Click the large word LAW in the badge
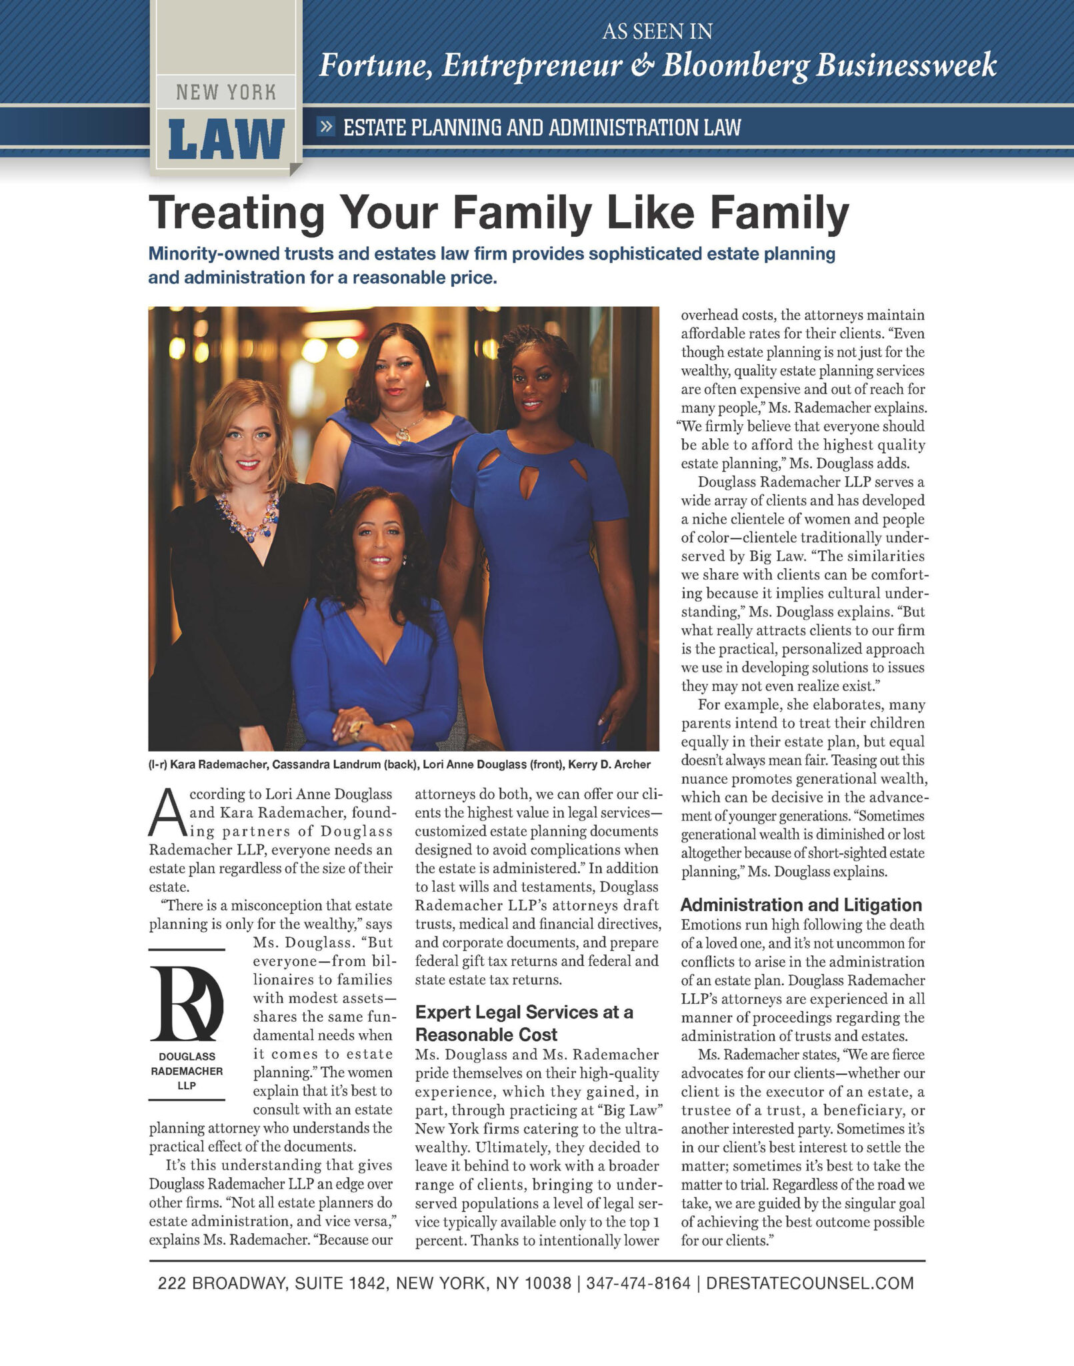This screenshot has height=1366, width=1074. (x=226, y=139)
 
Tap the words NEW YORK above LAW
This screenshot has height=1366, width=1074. (x=226, y=92)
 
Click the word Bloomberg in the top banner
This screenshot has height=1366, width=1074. (x=735, y=65)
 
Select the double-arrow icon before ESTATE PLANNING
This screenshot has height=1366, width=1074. (x=326, y=126)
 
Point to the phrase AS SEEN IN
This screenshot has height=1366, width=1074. (x=657, y=31)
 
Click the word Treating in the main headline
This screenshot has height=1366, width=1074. (x=237, y=213)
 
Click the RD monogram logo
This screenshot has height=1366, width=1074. (x=187, y=1003)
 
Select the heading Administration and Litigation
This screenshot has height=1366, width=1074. (x=801, y=905)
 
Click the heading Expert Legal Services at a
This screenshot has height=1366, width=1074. (x=524, y=1012)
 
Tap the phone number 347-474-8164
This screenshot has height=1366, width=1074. (x=638, y=1283)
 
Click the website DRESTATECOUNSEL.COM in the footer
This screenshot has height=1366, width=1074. (x=809, y=1283)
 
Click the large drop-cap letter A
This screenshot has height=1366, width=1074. (x=166, y=812)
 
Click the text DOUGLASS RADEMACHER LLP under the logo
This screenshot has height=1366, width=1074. (x=187, y=1071)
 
